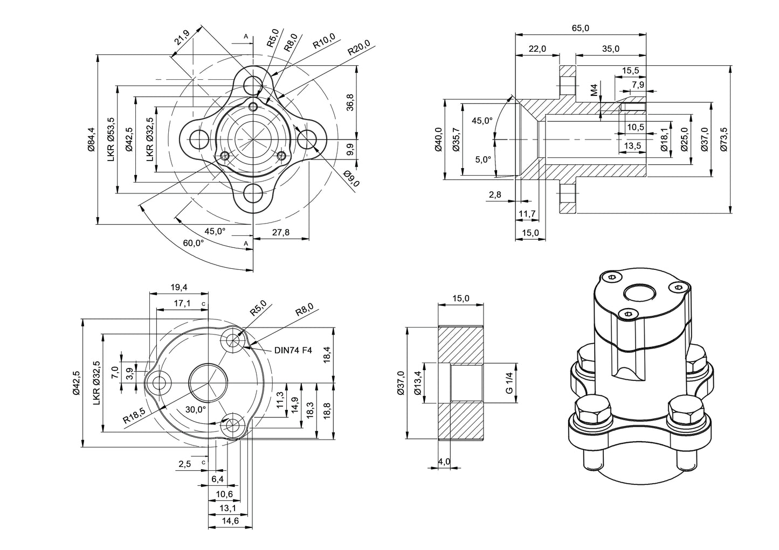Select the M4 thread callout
pyautogui.click(x=594, y=90)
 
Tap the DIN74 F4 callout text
pyautogui.click(x=293, y=350)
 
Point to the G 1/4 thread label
pyautogui.click(x=509, y=382)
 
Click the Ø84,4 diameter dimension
pyautogui.click(x=91, y=140)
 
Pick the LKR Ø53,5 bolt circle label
pyautogui.click(x=111, y=140)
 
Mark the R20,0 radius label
pyautogui.click(x=359, y=48)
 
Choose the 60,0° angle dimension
pyautogui.click(x=194, y=243)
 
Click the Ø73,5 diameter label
pyautogui.click(x=724, y=140)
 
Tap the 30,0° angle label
pyautogui.click(x=195, y=409)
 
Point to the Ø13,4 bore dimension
pyautogui.click(x=417, y=383)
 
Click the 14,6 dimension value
pyautogui.click(x=230, y=521)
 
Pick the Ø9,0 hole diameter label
pyautogui.click(x=351, y=179)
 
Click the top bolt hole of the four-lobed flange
pyautogui.click(x=253, y=85)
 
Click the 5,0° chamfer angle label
pyautogui.click(x=482, y=159)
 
